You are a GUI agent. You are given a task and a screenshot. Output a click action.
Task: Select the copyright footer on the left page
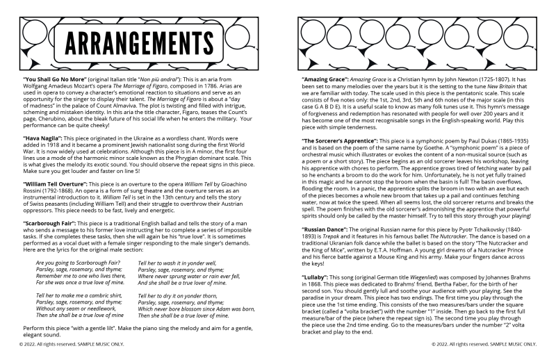[64, 343]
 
